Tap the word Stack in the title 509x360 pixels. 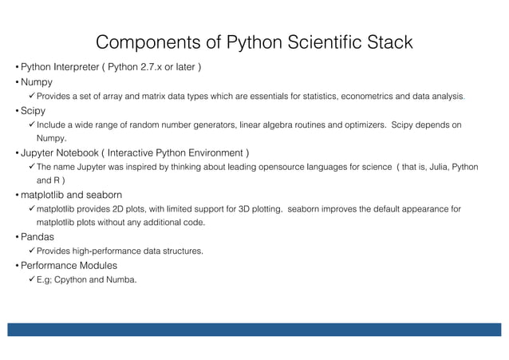tap(388, 42)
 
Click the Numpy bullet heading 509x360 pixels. tap(37, 81)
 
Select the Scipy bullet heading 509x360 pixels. tap(34, 110)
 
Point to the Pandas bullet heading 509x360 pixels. tap(38, 237)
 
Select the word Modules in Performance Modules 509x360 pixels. tap(95, 265)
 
